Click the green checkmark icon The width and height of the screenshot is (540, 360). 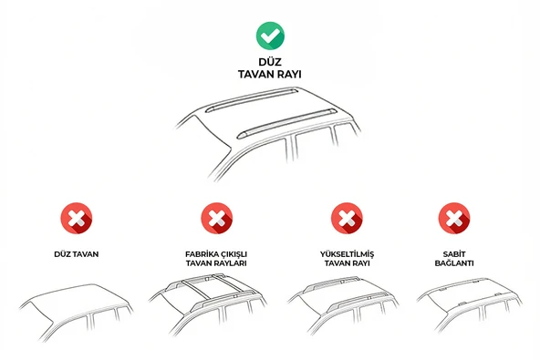pyautogui.click(x=269, y=36)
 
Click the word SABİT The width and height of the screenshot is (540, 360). pyautogui.click(x=452, y=254)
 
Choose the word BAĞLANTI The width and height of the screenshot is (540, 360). pyautogui.click(x=452, y=263)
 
